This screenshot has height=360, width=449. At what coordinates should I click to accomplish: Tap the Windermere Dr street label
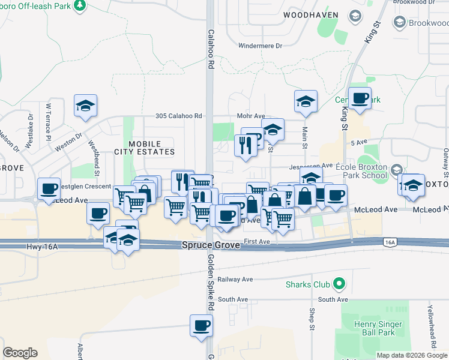tap(260, 46)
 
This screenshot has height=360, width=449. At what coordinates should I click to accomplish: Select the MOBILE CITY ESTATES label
tap(145, 148)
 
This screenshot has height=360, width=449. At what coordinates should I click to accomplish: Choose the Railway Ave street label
tap(235, 279)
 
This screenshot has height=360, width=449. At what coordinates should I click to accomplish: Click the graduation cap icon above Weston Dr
tap(85, 105)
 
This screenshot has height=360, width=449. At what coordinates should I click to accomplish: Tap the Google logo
tap(20, 353)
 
